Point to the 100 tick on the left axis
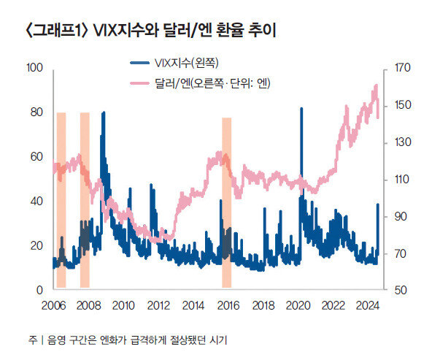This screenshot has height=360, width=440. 35,68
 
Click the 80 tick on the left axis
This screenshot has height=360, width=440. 37,112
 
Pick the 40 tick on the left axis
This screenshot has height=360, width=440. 37,201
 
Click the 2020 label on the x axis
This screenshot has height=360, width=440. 298,305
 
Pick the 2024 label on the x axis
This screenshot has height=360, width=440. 368,305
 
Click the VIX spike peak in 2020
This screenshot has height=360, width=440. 301,109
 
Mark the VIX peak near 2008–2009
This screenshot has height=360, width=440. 103,113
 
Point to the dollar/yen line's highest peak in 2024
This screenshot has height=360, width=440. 376,85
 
